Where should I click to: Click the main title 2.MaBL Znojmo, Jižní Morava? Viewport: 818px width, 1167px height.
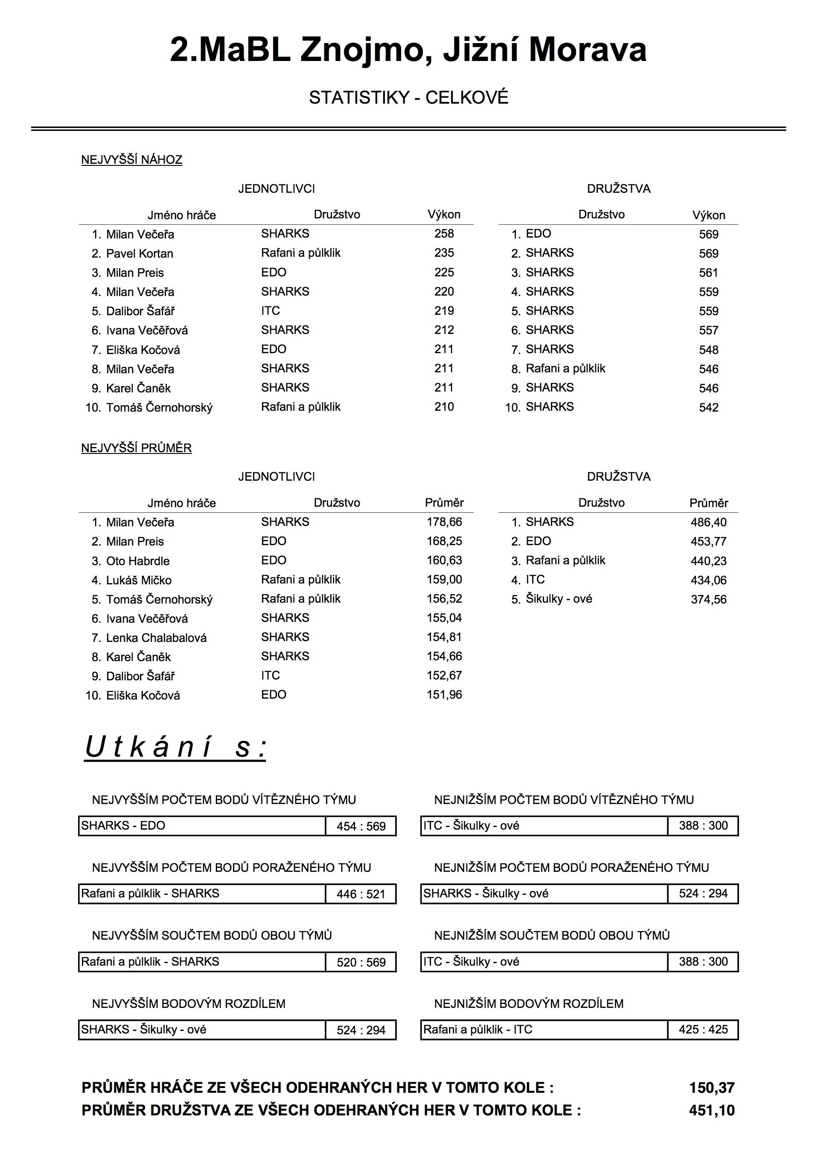tap(408, 50)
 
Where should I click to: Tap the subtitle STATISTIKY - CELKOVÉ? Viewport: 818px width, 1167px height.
tap(408, 98)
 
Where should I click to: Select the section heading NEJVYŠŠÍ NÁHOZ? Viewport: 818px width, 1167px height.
tap(132, 160)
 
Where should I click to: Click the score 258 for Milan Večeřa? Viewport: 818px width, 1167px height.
tap(444, 234)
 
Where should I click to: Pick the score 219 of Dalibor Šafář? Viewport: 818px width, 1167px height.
tap(444, 311)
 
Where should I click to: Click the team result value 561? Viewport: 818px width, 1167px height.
tap(708, 273)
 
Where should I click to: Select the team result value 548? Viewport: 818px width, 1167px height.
tap(708, 350)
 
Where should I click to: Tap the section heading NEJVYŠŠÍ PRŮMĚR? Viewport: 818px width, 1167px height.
tap(136, 448)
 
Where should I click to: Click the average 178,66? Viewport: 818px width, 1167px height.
tap(444, 522)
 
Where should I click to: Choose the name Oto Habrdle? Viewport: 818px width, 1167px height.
tap(138, 561)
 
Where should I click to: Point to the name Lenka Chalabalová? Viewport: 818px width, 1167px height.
tap(156, 638)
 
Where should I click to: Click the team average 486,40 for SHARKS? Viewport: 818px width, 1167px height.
tap(708, 523)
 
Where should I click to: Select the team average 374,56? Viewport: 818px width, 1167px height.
tap(708, 600)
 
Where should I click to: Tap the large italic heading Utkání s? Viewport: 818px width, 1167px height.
tap(175, 748)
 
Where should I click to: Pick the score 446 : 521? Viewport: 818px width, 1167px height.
tap(361, 894)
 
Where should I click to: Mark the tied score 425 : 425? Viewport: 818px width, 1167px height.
tap(703, 1030)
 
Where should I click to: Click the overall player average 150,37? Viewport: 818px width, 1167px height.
tap(712, 1088)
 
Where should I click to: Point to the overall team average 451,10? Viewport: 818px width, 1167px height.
tap(712, 1111)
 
